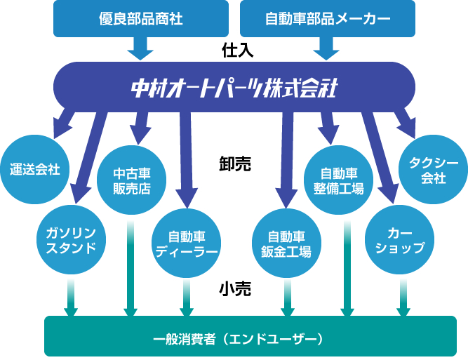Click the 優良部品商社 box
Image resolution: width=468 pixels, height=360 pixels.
coord(140,19)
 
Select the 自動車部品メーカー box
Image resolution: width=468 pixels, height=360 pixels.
coord(327,19)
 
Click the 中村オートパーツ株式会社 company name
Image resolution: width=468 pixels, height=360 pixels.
coord(234,88)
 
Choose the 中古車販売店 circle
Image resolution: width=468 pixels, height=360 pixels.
coord(131,181)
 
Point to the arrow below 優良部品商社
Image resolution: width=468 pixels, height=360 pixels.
coord(140,48)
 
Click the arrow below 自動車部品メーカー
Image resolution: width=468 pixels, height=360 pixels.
coord(327,48)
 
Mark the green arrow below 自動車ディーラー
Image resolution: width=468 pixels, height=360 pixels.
coord(187,298)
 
